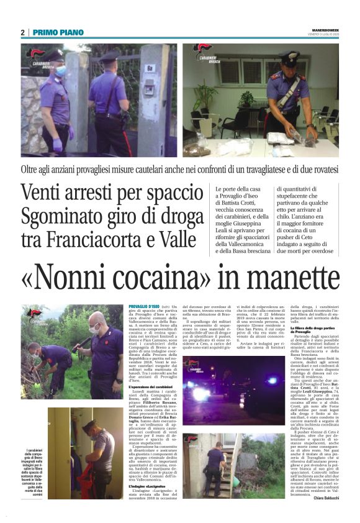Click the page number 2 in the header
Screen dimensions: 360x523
pos(22,32)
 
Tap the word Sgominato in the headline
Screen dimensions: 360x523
pos(61,217)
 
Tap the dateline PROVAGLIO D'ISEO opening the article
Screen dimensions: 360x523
pos(143,307)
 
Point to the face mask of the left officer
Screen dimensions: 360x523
pos(60,70)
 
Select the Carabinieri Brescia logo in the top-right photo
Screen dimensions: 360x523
pos(203,53)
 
